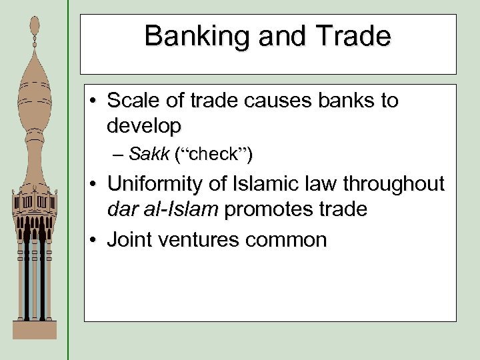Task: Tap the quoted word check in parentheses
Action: click(213, 155)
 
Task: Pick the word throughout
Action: click(401, 185)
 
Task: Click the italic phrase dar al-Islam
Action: click(162, 209)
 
